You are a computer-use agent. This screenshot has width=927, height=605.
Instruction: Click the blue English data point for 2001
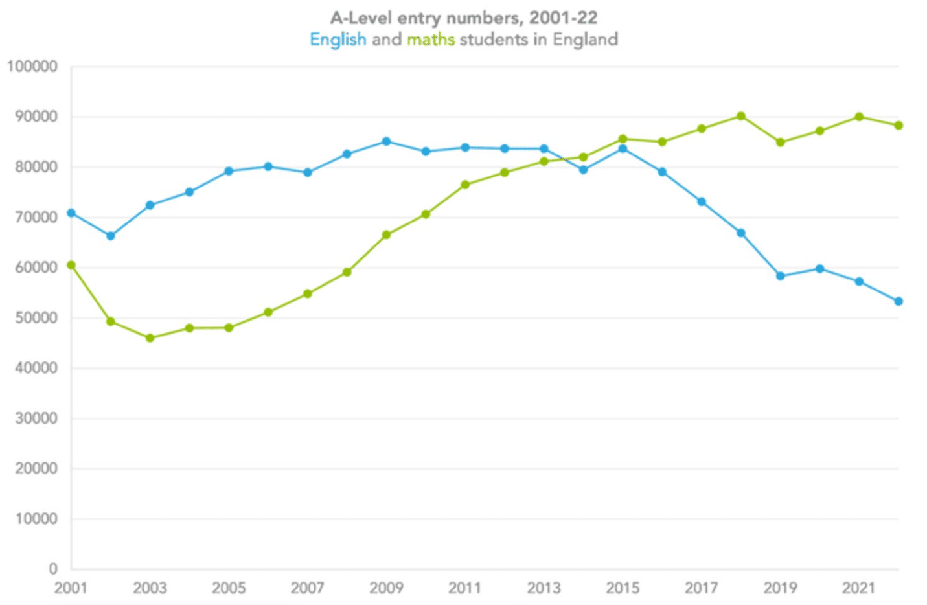tap(71, 213)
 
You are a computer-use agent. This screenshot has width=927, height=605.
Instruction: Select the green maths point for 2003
tap(150, 338)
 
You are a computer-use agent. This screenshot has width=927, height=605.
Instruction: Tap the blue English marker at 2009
tap(387, 141)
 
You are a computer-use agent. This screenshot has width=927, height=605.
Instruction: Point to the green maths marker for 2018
tap(741, 117)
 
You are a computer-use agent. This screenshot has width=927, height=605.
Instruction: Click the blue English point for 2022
tap(898, 301)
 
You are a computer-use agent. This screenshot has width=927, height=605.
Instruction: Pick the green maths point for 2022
tap(898, 126)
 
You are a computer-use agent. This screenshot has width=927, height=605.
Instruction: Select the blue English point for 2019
tap(781, 276)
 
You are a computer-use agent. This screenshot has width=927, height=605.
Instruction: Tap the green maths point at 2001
tap(71, 266)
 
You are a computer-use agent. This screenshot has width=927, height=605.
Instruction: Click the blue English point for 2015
tap(623, 148)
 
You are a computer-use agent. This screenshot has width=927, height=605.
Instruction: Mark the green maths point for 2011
tap(465, 185)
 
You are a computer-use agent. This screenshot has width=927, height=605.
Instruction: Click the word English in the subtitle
tap(338, 40)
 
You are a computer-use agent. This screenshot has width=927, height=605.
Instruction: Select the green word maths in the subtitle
tap(431, 40)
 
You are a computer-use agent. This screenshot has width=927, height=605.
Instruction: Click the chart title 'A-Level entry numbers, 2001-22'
tap(464, 17)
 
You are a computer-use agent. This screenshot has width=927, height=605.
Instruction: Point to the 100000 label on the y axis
tap(32, 66)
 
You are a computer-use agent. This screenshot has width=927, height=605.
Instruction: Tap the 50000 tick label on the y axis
tap(36, 318)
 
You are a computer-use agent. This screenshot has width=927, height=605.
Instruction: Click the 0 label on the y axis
tap(53, 569)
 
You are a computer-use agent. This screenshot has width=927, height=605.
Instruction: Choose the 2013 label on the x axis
tap(544, 588)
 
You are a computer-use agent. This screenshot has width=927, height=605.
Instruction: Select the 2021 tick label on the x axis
tap(859, 588)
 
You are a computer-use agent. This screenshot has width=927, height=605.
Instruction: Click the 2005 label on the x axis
tap(229, 588)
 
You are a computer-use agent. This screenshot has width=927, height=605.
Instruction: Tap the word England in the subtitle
tap(585, 40)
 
